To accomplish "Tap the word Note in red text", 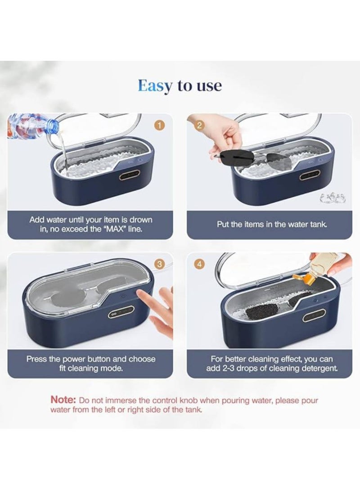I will pos(63,400).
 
